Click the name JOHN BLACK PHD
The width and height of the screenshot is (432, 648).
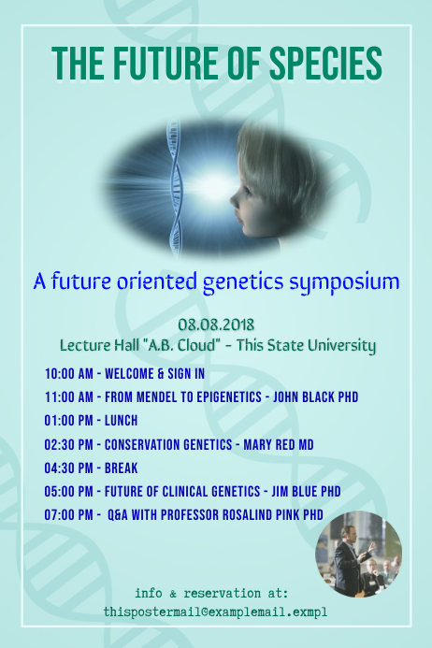(x=315, y=397)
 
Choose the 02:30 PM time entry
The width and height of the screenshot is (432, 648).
(x=67, y=444)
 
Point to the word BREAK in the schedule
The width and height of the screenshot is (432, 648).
(x=122, y=468)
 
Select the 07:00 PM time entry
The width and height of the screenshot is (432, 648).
(x=67, y=514)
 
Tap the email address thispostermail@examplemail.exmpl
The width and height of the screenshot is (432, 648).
(x=216, y=612)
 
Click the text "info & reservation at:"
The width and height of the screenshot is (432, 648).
(x=211, y=593)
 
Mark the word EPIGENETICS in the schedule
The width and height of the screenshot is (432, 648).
(x=221, y=397)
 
